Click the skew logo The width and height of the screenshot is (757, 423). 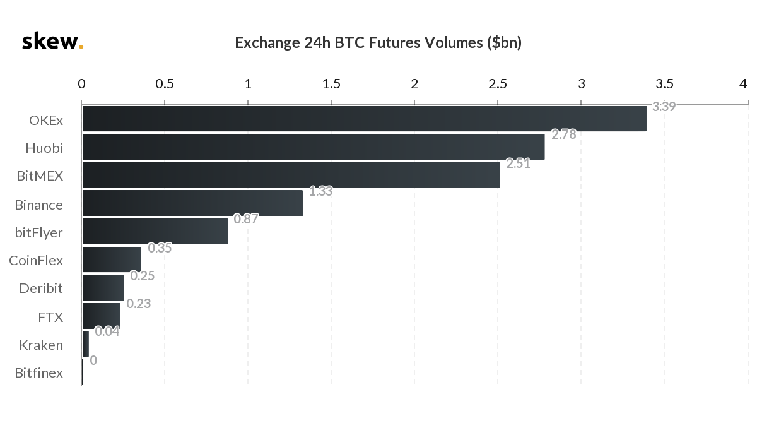pos(52,42)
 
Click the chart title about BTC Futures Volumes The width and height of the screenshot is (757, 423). pos(378,42)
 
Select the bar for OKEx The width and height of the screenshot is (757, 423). pos(364,119)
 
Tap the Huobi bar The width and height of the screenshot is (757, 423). pos(313,146)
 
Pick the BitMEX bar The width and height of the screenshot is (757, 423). pos(290,175)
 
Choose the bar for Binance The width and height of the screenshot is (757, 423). pos(192,203)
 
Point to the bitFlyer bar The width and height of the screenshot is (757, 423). pos(155,231)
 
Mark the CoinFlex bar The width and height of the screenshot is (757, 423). pos(112,259)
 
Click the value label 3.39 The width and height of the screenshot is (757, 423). pos(664,107)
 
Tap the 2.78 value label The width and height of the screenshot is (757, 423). pos(563,134)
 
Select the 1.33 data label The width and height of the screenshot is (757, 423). pos(320,191)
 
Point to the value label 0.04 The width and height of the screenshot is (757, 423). pos(107,331)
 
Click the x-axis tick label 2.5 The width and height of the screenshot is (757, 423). pos(498,84)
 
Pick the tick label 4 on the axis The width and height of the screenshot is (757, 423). pos(743,84)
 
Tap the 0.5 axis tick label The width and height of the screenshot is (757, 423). pos(165,84)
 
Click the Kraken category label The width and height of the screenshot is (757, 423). pos(41,345)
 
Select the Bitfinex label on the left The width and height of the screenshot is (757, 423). pos(39,373)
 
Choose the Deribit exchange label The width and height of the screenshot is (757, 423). pos(41,289)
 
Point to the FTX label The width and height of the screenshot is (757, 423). pos(50,317)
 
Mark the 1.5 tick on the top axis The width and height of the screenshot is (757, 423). pos(331,84)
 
